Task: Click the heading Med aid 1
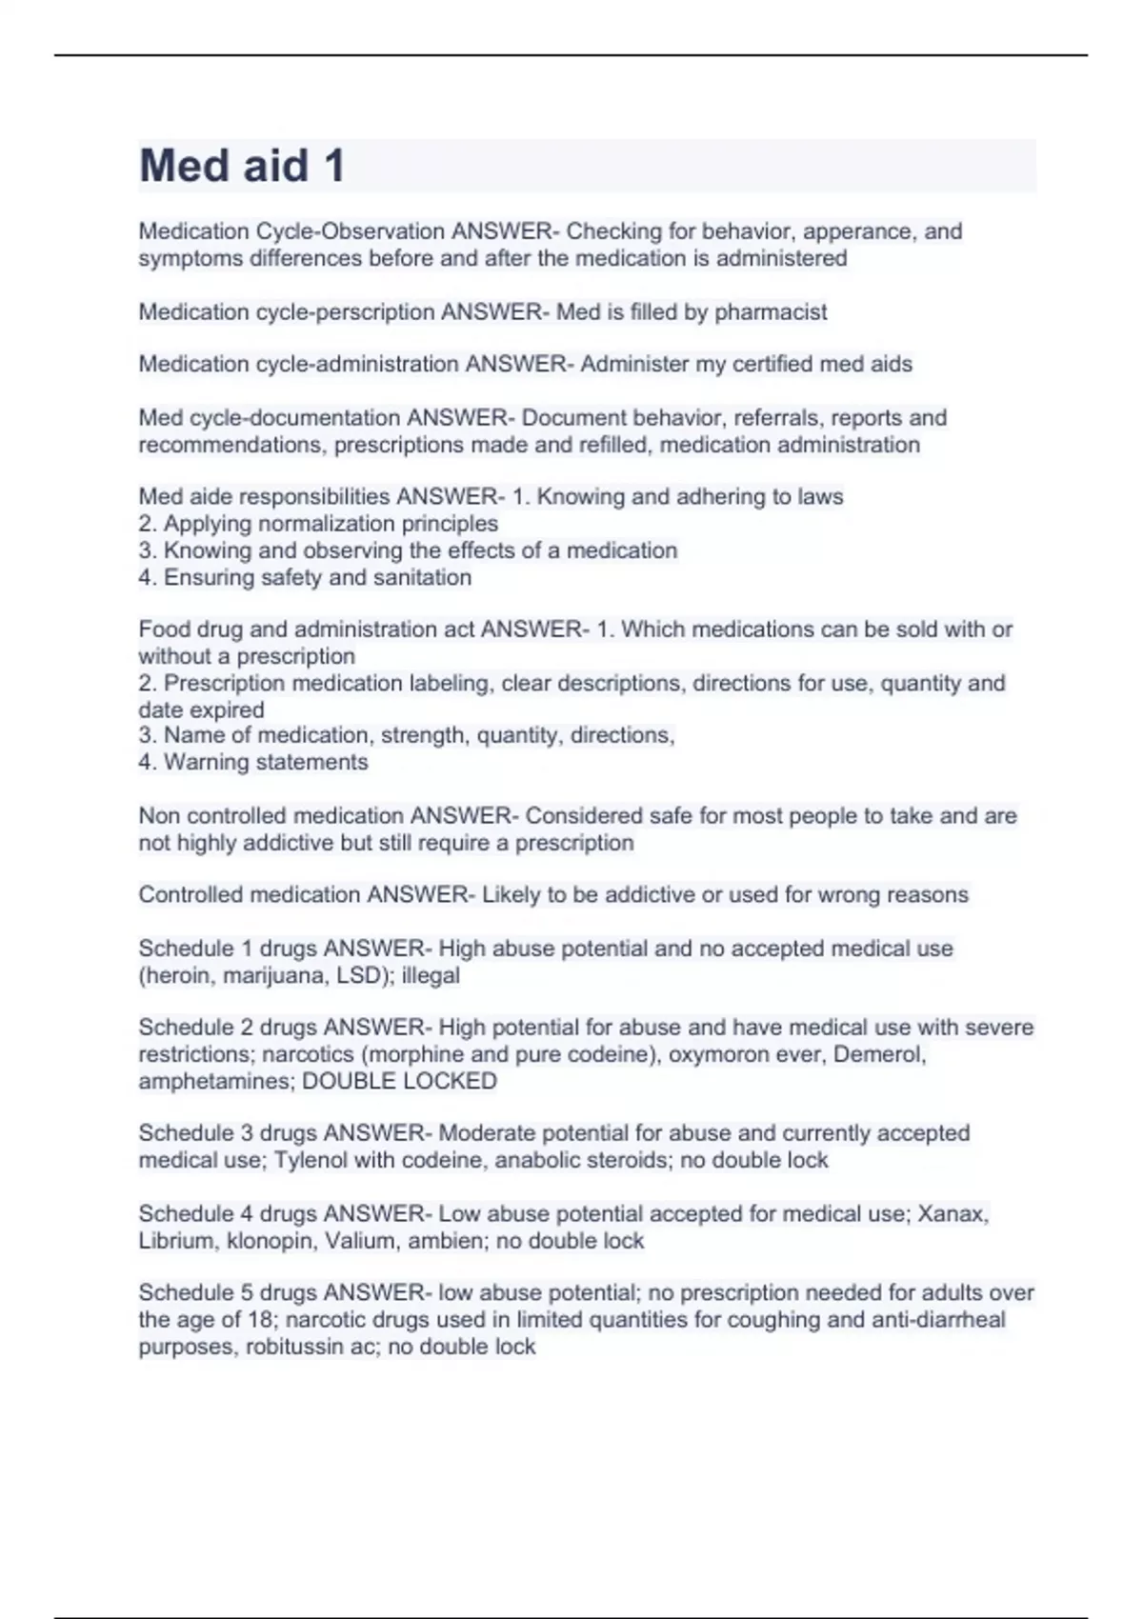tap(242, 166)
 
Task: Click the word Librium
tap(176, 1241)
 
